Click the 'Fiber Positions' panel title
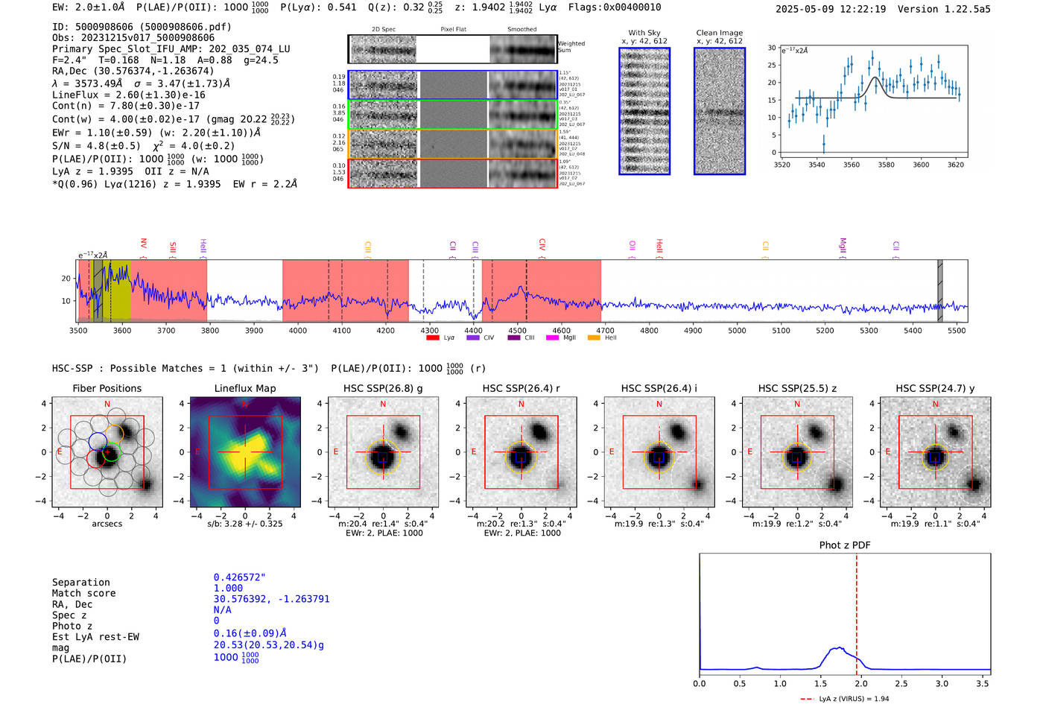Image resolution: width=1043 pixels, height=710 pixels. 107,388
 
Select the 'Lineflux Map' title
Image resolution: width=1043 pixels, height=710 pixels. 244,388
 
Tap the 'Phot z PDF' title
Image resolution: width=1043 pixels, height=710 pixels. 844,545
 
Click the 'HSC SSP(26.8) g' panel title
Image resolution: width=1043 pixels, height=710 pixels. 383,388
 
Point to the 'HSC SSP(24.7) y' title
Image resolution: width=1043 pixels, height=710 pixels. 935,388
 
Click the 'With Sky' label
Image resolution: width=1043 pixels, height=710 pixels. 644,33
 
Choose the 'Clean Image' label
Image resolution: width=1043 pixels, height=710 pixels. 719,33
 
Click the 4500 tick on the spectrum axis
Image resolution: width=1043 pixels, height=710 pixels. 517,331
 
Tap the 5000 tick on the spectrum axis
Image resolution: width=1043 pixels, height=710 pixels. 737,331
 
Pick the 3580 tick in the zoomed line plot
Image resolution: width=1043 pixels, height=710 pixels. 886,165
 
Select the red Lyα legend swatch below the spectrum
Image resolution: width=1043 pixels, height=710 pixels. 433,338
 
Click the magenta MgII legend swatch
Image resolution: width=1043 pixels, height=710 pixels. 552,338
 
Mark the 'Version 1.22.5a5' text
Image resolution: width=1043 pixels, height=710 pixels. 944,9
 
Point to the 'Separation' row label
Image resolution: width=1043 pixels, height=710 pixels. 80,583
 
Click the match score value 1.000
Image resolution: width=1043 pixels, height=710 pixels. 228,589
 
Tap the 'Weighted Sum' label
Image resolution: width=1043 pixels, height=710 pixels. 571,47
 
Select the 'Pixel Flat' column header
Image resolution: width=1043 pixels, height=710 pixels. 453,29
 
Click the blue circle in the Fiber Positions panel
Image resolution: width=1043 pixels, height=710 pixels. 98,440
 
